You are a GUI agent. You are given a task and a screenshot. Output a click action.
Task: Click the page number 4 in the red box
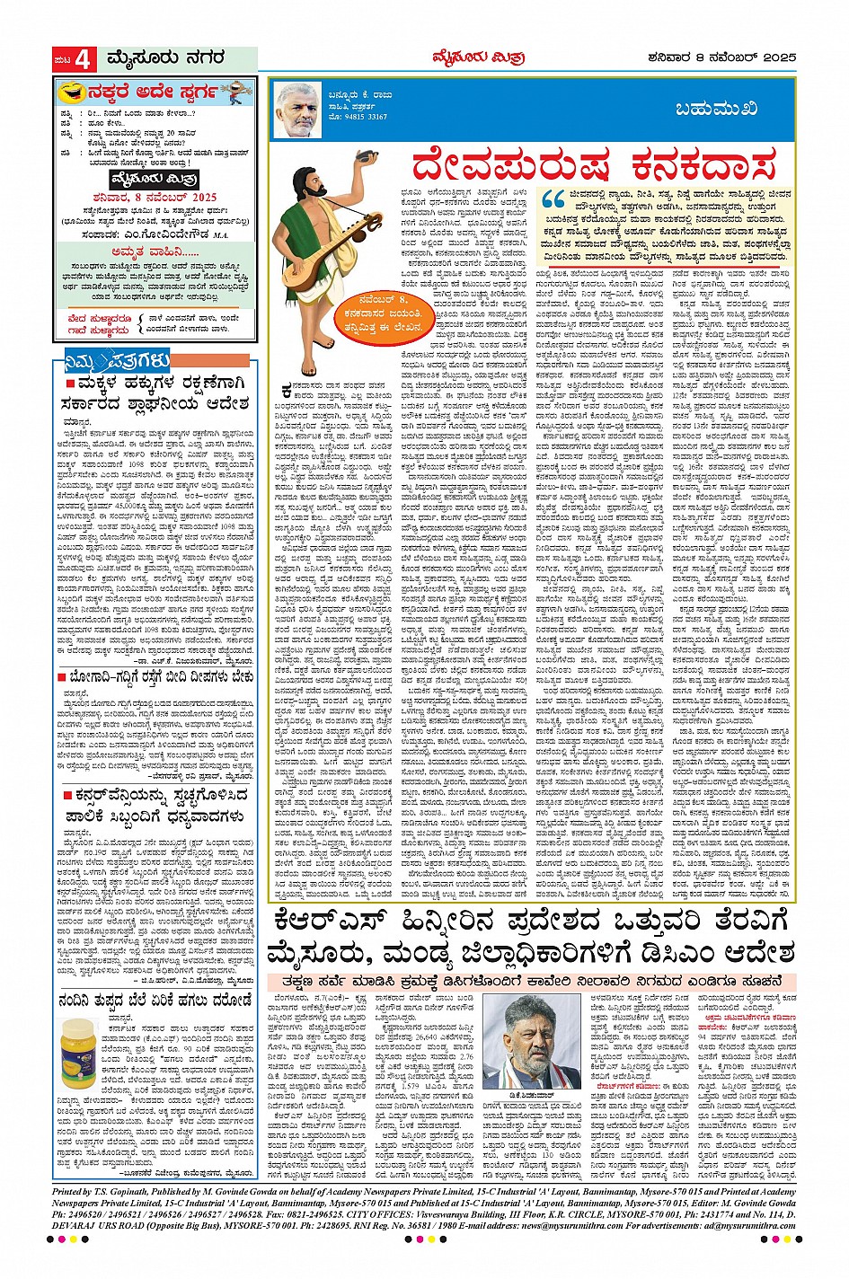(84, 60)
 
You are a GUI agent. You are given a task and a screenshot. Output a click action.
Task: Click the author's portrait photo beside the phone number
(297, 110)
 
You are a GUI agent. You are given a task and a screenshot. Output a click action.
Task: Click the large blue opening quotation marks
(553, 198)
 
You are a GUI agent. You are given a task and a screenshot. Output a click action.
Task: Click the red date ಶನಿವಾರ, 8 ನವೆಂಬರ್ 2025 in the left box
(154, 197)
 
